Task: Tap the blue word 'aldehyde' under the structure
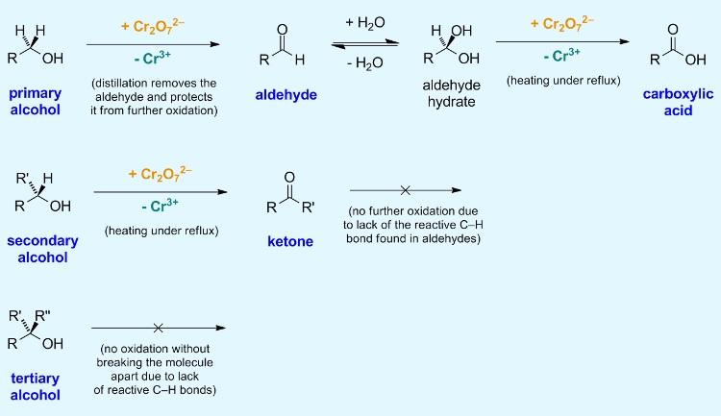(286, 94)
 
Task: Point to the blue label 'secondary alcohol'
(43, 249)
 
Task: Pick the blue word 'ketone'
(289, 241)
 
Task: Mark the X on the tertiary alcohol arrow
(159, 329)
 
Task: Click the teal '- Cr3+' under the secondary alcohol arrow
(161, 210)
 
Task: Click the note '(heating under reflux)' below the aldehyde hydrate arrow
(562, 79)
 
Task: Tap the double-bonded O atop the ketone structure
(289, 177)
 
